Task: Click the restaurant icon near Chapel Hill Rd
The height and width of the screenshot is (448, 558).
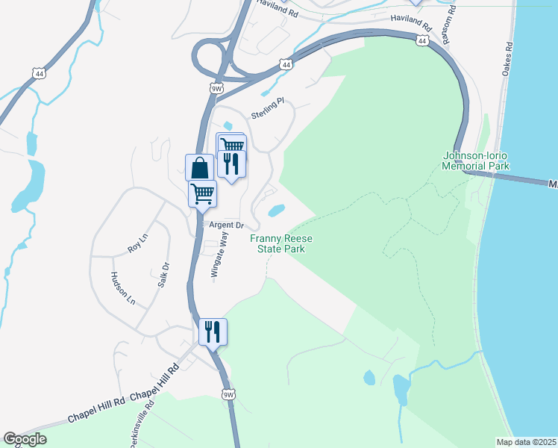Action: pos(213,332)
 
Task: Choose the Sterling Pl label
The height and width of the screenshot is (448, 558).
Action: pos(269,108)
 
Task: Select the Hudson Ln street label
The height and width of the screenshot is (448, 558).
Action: pos(123,289)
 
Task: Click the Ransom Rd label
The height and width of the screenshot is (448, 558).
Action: pos(449,29)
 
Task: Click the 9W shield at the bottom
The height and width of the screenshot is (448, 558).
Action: pos(228,393)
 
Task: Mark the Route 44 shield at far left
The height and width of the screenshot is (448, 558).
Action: pos(39,72)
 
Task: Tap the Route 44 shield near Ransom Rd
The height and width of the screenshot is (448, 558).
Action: pos(422,42)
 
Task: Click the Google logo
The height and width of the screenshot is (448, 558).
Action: pos(25,439)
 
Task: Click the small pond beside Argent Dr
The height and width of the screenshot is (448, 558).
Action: pos(275,211)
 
